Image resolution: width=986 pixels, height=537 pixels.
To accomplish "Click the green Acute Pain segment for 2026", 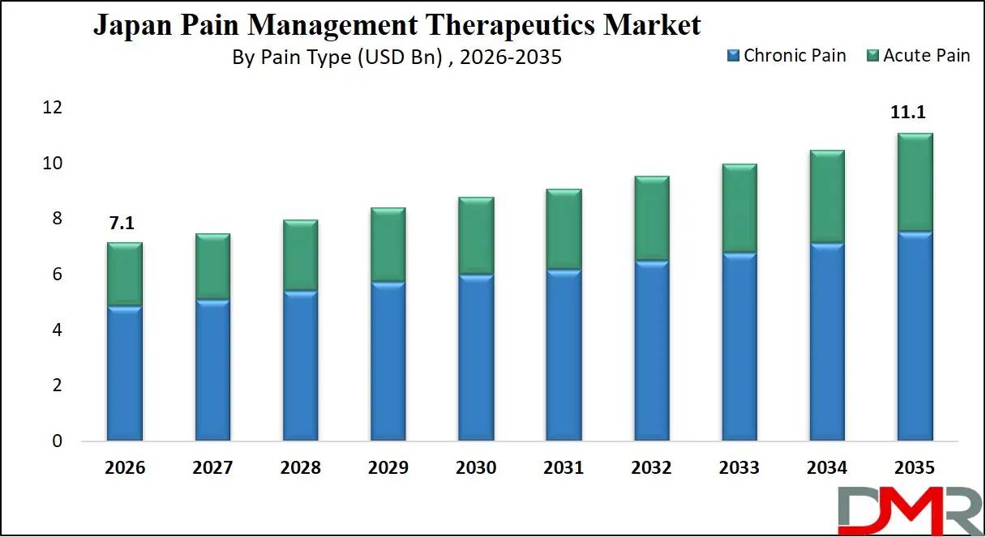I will (125, 274).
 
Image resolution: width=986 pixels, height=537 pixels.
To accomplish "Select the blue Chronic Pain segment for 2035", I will (915, 336).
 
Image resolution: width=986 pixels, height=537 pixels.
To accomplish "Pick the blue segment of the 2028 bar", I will (300, 366).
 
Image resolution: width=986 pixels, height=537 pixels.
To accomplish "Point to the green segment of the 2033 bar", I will (739, 208).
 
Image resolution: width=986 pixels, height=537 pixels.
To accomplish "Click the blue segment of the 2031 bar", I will (563, 356).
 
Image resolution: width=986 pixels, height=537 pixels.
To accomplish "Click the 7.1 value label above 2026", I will (123, 224).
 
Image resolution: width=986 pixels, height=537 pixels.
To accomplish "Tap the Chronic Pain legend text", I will (794, 56).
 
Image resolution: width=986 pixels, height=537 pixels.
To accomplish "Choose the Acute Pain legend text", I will (926, 56).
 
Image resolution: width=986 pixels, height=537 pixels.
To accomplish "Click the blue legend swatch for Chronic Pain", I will (734, 56).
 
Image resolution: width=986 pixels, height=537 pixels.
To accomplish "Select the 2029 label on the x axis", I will (388, 468).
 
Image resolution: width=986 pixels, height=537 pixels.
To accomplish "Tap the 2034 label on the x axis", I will (826, 468).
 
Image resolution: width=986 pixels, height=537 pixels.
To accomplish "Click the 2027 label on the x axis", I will (212, 468).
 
